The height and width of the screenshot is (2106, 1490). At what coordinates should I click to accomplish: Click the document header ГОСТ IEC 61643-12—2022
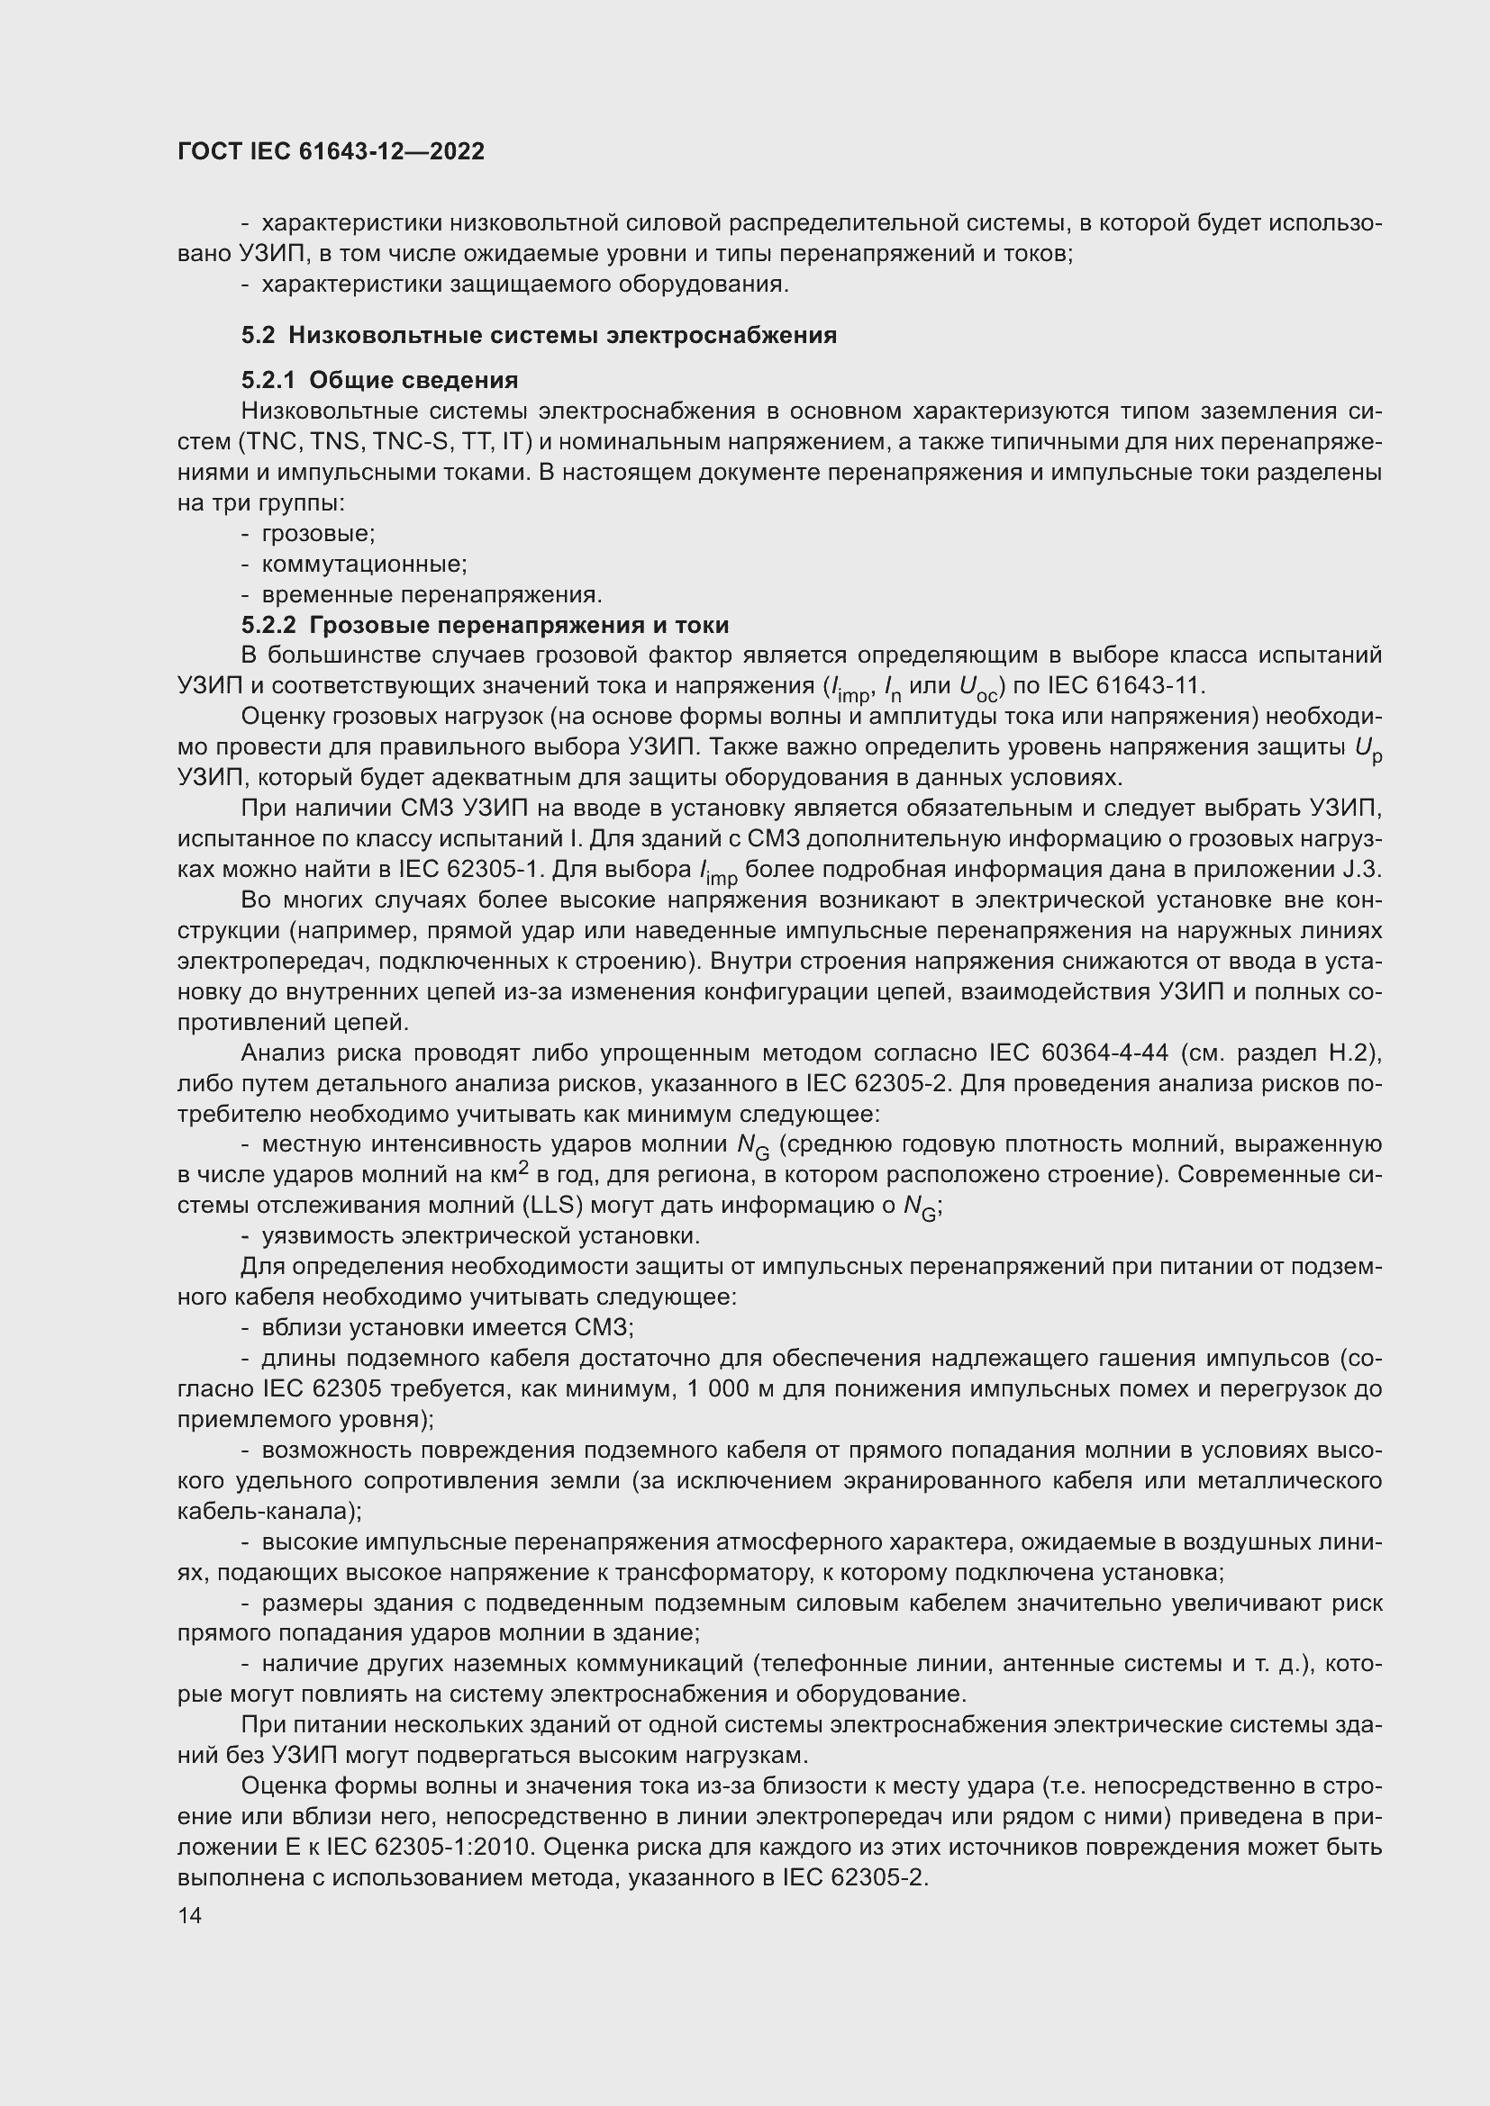coord(331,151)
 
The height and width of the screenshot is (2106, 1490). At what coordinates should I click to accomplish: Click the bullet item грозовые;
coord(317,534)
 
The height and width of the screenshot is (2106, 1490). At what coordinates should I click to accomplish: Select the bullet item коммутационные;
coord(363,565)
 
